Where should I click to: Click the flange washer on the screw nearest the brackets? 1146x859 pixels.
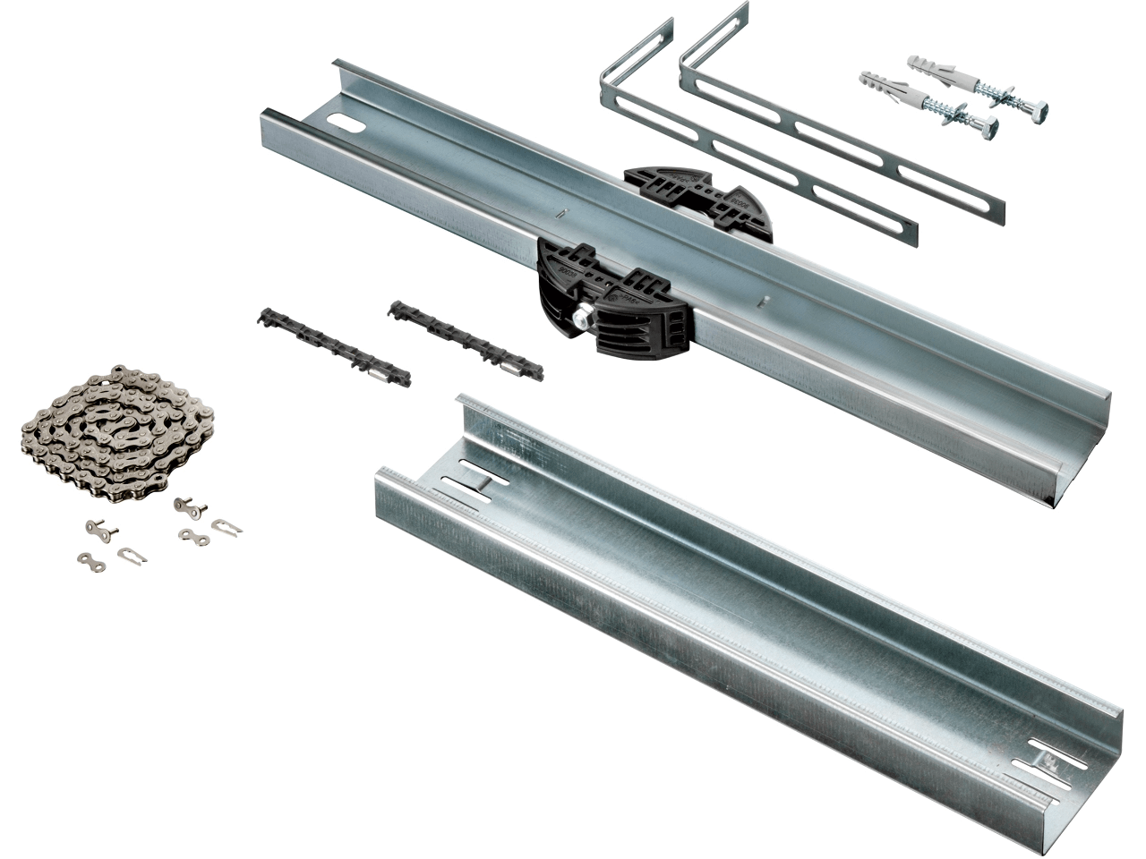pos(965,116)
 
